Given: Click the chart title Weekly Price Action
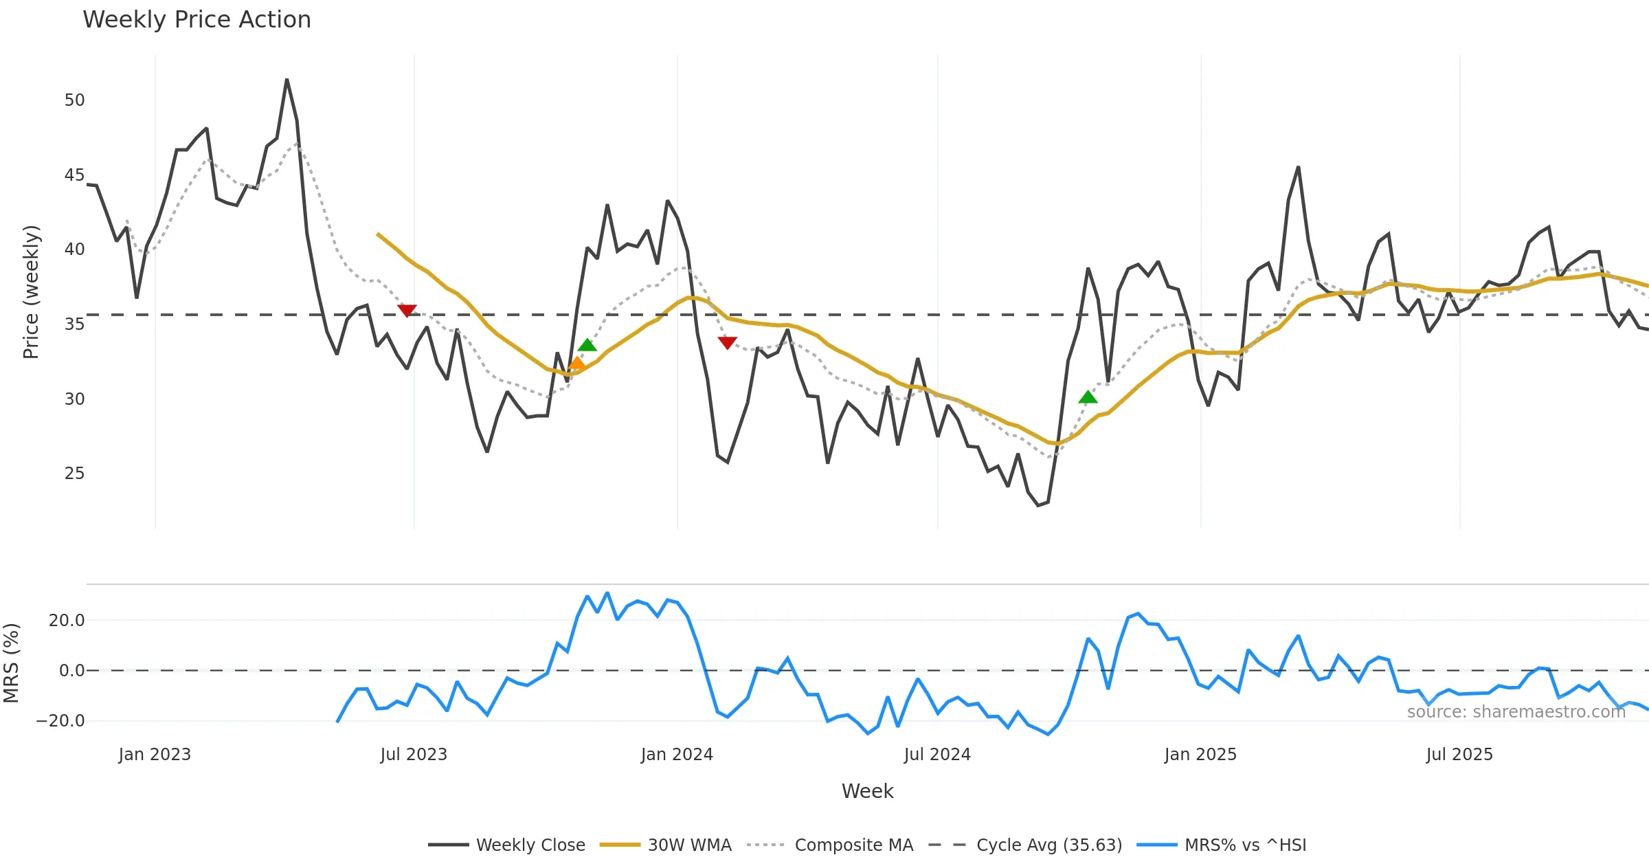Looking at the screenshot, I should [x=197, y=20].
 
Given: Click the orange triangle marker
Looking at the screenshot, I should [x=577, y=364].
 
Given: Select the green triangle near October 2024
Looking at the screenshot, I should [x=1088, y=397].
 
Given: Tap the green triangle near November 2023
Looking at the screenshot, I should [x=587, y=345].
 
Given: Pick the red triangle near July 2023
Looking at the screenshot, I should [x=407, y=311].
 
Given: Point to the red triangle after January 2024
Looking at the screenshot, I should [x=727, y=342].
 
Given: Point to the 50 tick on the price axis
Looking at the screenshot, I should [x=74, y=100].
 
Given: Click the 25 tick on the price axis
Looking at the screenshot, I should [x=74, y=474].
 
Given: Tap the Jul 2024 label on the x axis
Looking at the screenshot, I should [x=937, y=755].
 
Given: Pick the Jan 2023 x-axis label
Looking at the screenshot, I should [x=155, y=755].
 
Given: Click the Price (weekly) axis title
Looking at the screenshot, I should [x=32, y=292].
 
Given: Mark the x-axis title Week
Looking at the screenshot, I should [x=867, y=792].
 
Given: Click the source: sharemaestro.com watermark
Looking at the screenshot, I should [x=1516, y=712].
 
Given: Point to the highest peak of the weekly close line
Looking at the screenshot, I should [x=287, y=80].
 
